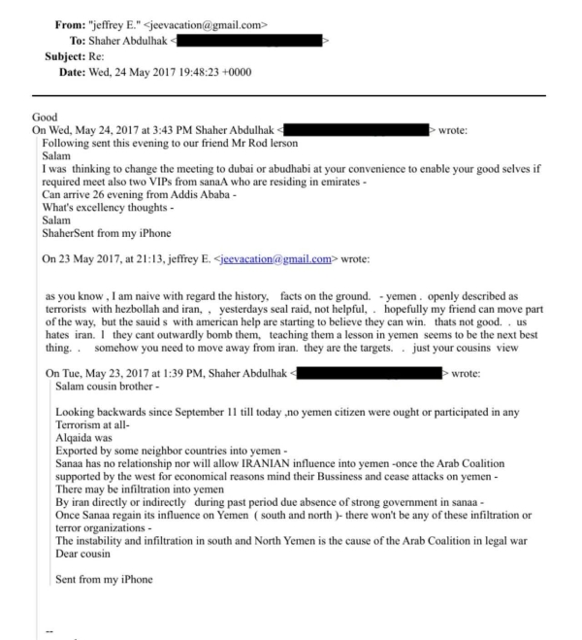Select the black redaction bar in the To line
click(x=248, y=41)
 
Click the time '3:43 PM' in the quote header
click(x=191, y=129)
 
